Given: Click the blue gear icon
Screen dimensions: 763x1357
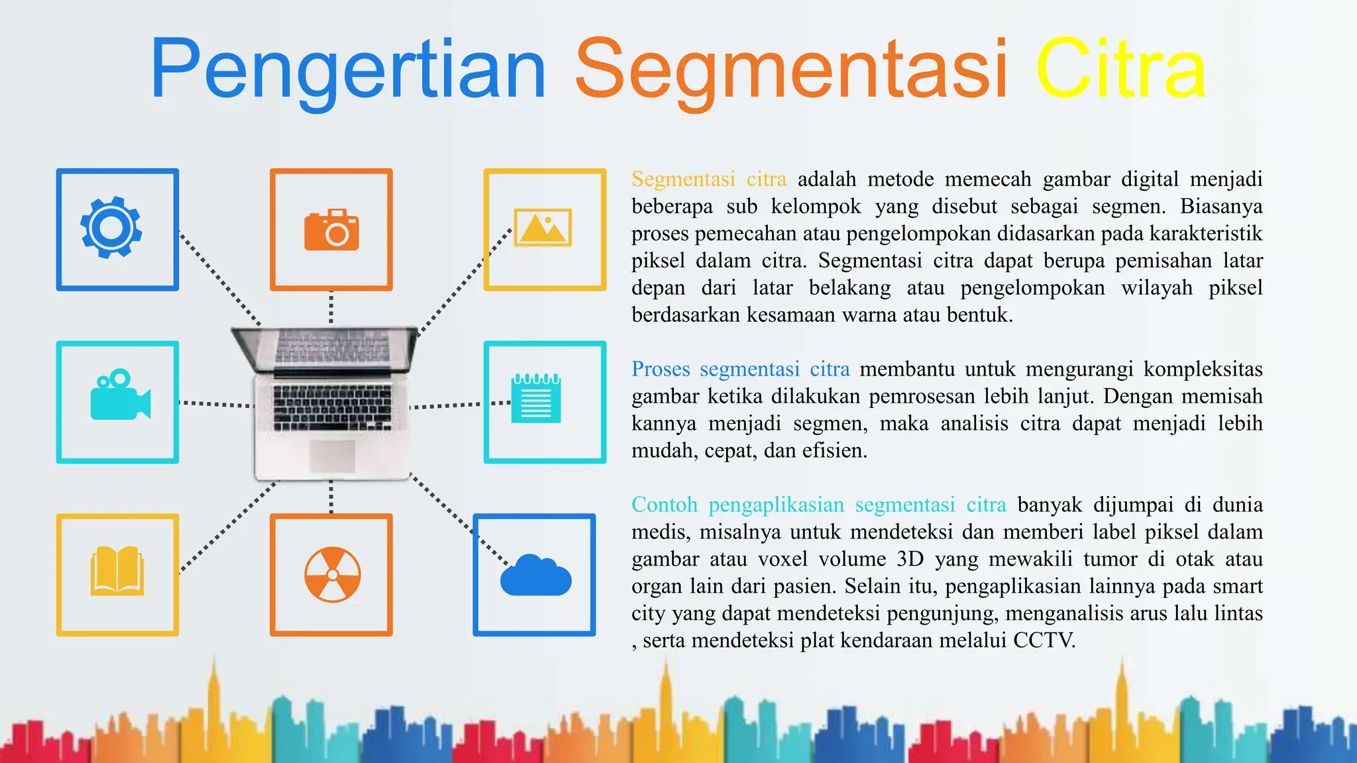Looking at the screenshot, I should click(x=111, y=227).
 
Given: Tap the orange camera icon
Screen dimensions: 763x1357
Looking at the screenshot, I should click(x=331, y=230).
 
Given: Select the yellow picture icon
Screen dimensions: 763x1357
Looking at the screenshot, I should click(x=543, y=227).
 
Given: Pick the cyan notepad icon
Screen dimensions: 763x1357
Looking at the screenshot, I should click(x=536, y=399).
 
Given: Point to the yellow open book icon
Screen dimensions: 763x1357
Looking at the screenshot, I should click(x=117, y=570).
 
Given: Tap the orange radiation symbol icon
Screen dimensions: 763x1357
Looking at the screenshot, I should click(x=333, y=574).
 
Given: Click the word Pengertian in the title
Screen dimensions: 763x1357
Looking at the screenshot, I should click(x=349, y=70).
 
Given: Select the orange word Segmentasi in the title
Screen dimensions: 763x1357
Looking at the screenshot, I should click(x=791, y=70).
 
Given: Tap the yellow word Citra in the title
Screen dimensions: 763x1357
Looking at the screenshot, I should click(x=1120, y=70).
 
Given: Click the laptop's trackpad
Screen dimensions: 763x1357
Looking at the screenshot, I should click(x=333, y=456).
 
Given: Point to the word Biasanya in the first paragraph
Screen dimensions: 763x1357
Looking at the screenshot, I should click(x=1221, y=207).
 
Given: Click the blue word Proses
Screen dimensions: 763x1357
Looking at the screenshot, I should click(x=661, y=369).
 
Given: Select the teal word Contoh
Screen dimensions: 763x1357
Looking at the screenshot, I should click(x=664, y=505).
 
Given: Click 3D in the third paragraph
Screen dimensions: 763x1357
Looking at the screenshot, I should click(x=910, y=559).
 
